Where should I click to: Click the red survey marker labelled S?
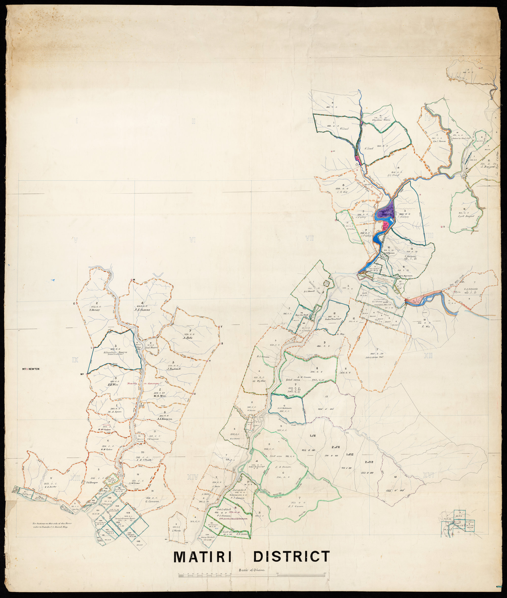point(441,227)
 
